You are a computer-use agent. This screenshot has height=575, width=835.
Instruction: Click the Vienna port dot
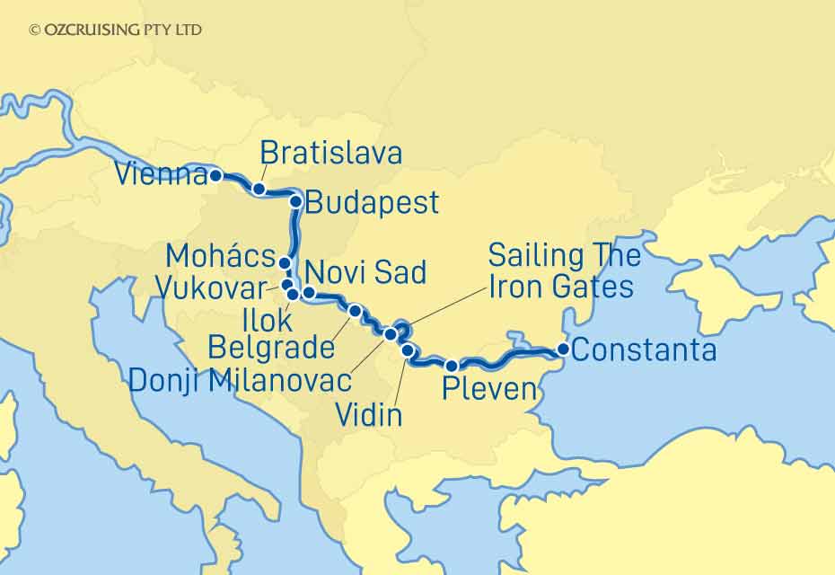(x=215, y=176)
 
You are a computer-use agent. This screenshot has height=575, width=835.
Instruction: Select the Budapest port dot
(x=294, y=202)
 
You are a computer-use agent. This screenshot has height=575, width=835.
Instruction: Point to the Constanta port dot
(x=563, y=349)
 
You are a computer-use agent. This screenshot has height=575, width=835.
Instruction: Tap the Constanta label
(x=644, y=349)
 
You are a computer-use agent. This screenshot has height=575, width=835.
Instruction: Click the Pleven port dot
(x=453, y=365)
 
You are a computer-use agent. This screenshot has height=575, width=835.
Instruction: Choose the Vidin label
(x=368, y=415)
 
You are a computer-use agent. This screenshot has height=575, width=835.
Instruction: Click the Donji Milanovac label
(x=240, y=380)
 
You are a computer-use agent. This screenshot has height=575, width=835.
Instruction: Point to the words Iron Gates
(x=561, y=287)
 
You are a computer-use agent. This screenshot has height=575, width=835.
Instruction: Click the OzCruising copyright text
(x=116, y=30)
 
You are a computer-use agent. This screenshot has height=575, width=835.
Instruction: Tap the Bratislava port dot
(x=259, y=189)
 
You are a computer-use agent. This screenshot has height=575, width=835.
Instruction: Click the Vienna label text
(x=163, y=175)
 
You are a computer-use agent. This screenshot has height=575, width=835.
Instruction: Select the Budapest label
(x=372, y=202)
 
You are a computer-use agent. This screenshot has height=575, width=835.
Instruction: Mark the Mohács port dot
(x=285, y=263)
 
